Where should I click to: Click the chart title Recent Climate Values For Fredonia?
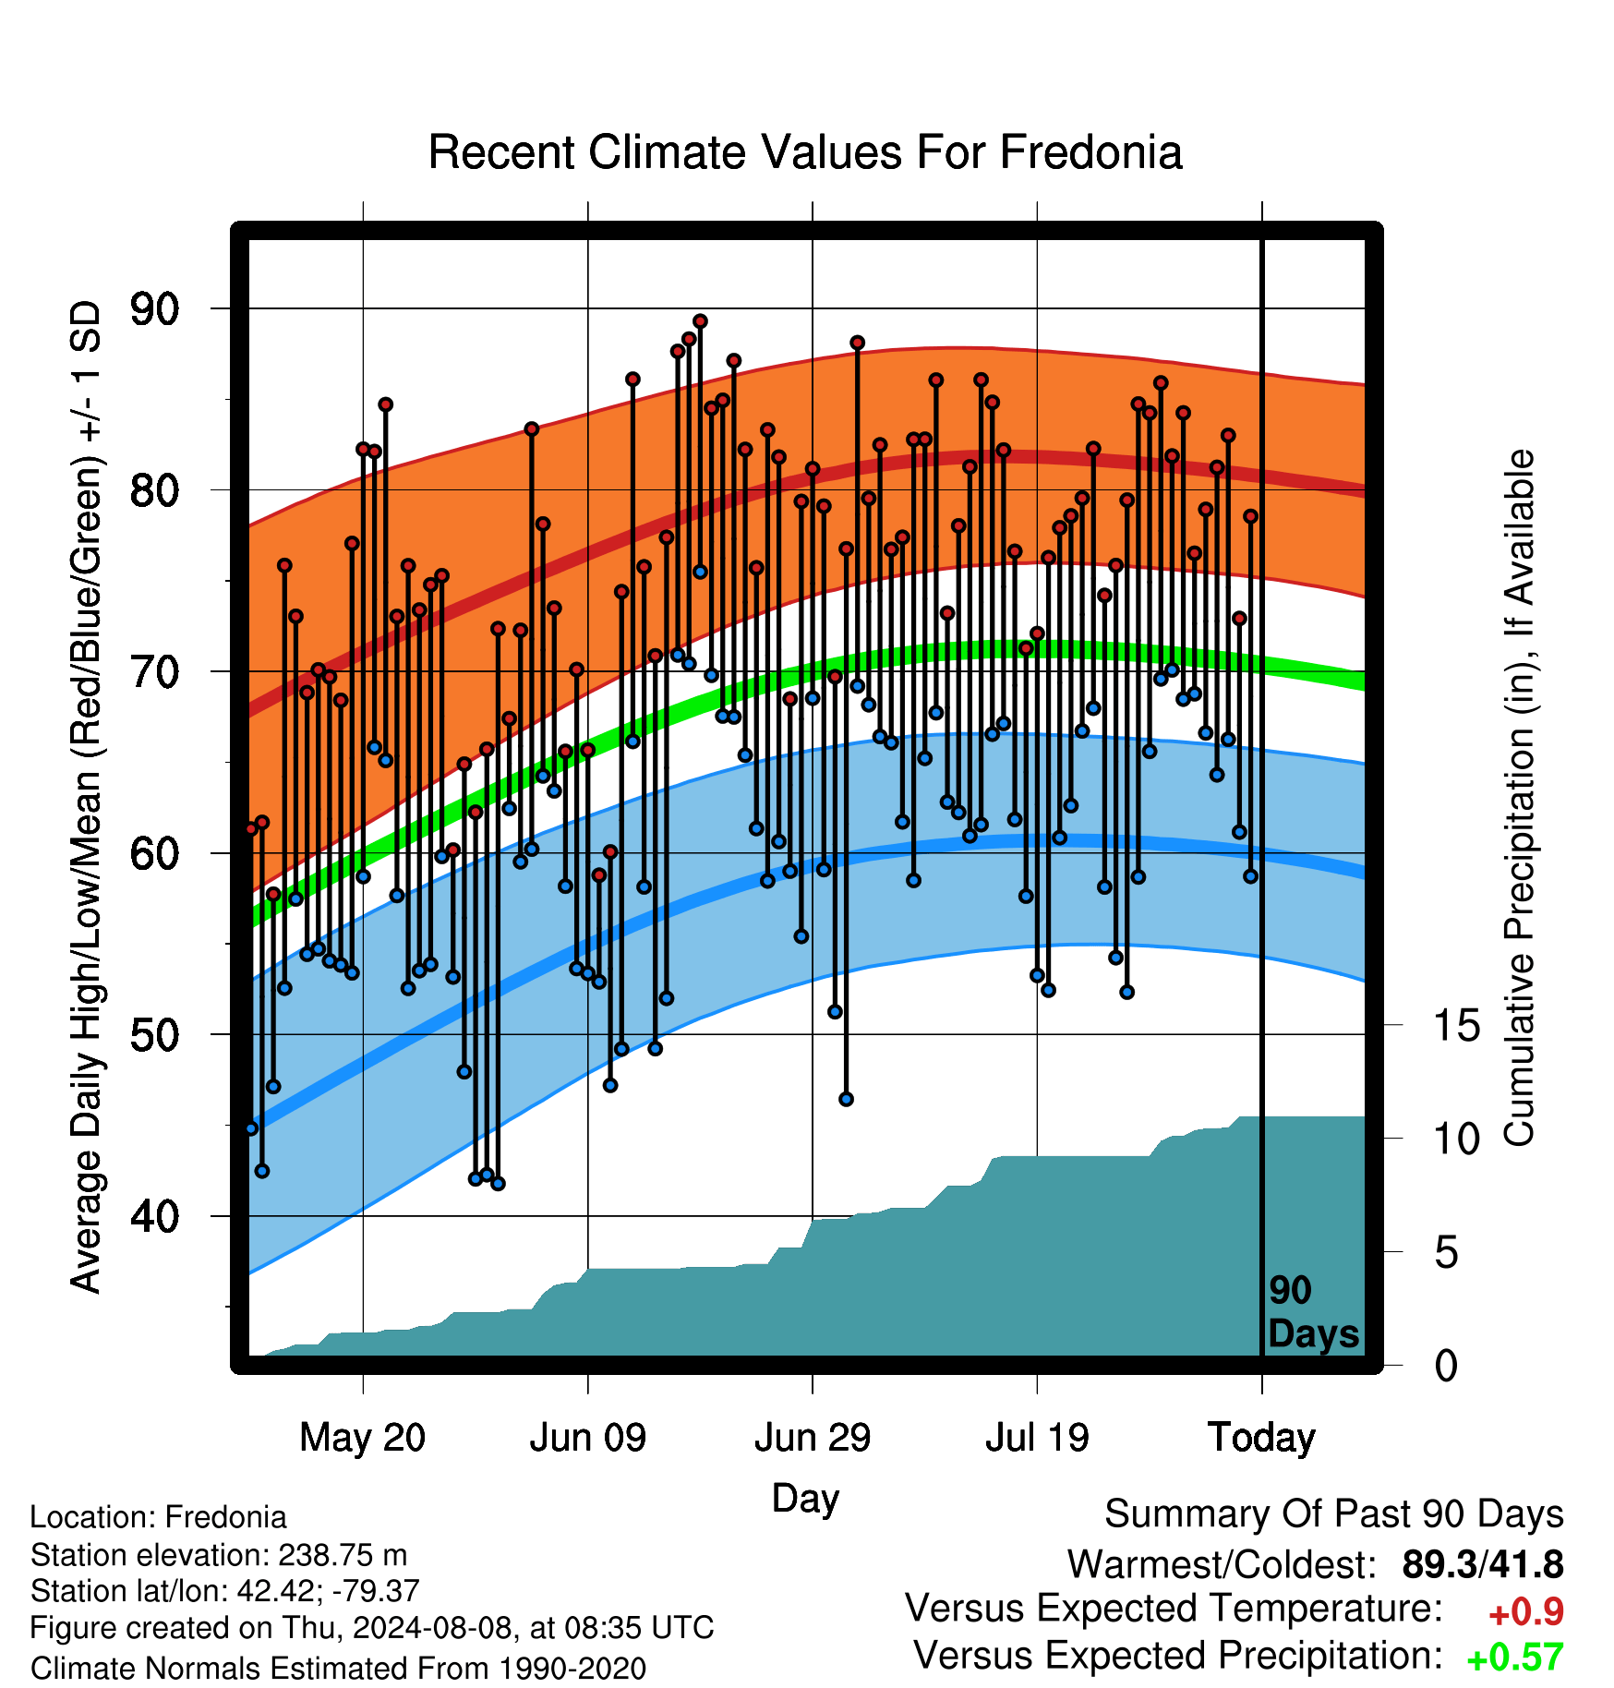point(805,152)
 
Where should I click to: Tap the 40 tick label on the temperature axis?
point(155,1216)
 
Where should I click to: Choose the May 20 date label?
point(363,1438)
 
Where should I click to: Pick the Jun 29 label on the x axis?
point(813,1438)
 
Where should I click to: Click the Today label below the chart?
point(1262,1438)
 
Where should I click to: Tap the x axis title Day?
point(805,1498)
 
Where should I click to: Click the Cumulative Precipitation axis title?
point(1519,798)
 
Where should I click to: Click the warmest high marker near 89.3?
point(700,321)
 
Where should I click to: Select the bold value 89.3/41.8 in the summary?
point(1483,1564)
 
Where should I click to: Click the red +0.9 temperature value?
point(1526,1612)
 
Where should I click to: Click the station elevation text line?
point(219,1555)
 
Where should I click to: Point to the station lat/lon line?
point(225,1591)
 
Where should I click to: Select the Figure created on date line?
point(372,1627)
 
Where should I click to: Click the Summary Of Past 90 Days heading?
point(1334,1514)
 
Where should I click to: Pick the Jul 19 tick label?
point(1037,1438)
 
